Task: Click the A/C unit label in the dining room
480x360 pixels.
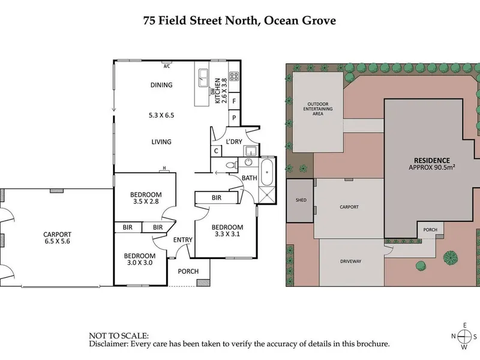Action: (x=167, y=66)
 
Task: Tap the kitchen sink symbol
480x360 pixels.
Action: (x=203, y=78)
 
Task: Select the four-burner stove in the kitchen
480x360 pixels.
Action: (x=234, y=76)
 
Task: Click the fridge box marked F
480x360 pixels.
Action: (x=234, y=101)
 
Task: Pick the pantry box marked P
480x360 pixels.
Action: (x=234, y=118)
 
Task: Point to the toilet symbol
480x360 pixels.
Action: (x=232, y=166)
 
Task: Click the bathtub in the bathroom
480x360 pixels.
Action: (x=266, y=172)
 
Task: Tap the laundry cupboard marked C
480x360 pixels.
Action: (x=216, y=151)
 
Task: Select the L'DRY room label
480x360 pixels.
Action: (x=234, y=142)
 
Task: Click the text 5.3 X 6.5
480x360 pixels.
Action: (x=161, y=115)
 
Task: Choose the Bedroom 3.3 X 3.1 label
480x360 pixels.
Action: (x=227, y=230)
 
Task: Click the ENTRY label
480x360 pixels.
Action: (x=183, y=239)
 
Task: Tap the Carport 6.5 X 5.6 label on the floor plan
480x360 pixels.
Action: (x=57, y=238)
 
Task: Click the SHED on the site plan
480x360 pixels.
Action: (x=301, y=200)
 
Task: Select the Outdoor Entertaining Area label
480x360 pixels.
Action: (x=318, y=109)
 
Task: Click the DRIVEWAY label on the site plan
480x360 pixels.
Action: (x=351, y=262)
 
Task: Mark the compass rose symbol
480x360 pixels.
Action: (x=464, y=336)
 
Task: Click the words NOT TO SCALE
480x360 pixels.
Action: (x=119, y=336)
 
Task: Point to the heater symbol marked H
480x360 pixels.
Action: (x=164, y=170)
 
